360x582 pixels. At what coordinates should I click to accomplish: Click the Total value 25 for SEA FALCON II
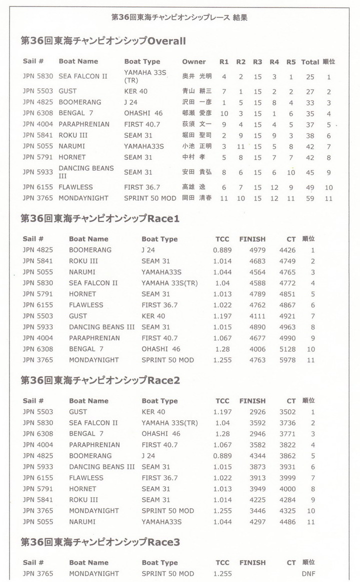click(x=310, y=77)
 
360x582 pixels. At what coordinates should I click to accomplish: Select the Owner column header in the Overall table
click(x=194, y=61)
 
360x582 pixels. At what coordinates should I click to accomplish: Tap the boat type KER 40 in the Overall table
click(x=136, y=91)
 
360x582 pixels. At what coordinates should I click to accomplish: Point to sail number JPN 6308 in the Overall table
click(x=38, y=113)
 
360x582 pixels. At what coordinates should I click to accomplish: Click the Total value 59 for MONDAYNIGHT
click(x=310, y=198)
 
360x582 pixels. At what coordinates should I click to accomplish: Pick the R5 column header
click(x=291, y=62)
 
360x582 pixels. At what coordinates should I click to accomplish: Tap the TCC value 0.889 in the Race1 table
click(x=222, y=250)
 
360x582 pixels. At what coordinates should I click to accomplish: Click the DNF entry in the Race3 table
click(x=308, y=573)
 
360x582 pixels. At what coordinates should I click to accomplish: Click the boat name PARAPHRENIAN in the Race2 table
click(x=94, y=445)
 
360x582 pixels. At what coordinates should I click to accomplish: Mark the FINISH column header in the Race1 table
click(x=252, y=239)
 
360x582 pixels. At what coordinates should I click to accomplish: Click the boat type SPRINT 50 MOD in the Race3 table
click(x=167, y=573)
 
